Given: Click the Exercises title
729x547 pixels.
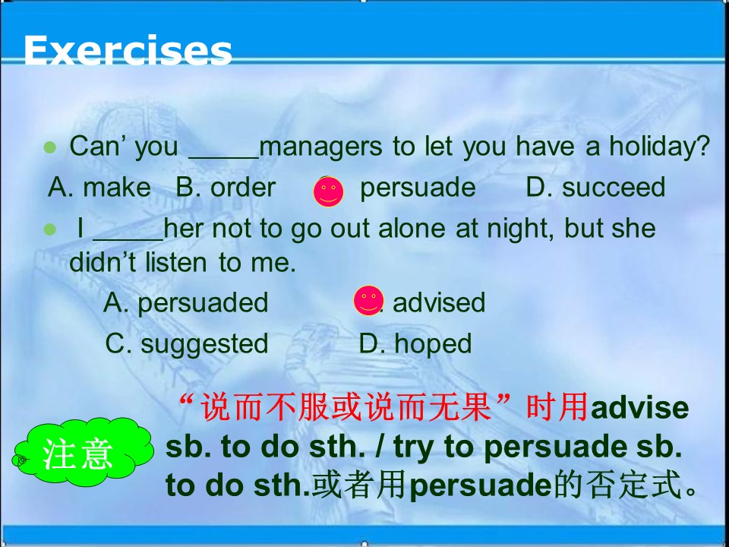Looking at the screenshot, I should pyautogui.click(x=128, y=51).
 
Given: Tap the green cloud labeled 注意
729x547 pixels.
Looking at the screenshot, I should pyautogui.click(x=78, y=454).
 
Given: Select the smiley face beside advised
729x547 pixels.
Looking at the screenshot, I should pyautogui.click(x=368, y=301).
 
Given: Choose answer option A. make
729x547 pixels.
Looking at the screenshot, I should pyautogui.click(x=99, y=188).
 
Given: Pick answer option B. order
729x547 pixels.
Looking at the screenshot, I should pyautogui.click(x=226, y=188).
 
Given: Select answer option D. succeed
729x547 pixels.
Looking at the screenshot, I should pyautogui.click(x=595, y=188).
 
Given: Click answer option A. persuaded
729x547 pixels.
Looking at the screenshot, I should pyautogui.click(x=186, y=302).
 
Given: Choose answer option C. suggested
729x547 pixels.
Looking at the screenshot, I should pyautogui.click(x=187, y=343).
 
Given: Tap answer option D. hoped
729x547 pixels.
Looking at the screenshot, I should pyautogui.click(x=415, y=343).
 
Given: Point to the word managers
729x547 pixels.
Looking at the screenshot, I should pyautogui.click(x=322, y=147).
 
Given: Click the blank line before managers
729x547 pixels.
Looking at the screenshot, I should pyautogui.click(x=223, y=152).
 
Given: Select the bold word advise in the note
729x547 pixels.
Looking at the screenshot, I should pyautogui.click(x=639, y=409).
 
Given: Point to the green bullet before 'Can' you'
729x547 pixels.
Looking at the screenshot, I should pyautogui.click(x=51, y=147).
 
